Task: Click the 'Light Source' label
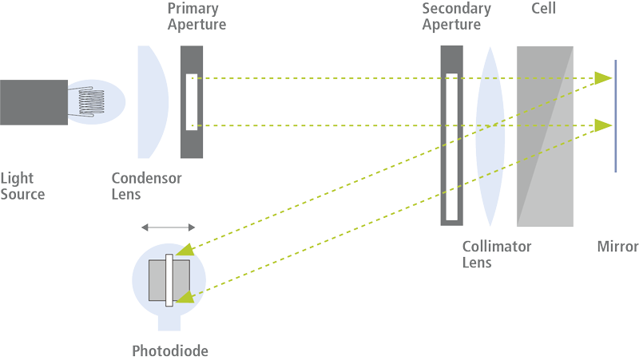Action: (x=22, y=186)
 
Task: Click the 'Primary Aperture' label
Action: (x=196, y=17)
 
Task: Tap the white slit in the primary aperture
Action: (x=190, y=101)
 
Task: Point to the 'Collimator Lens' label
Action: (x=496, y=255)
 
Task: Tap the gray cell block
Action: (x=545, y=136)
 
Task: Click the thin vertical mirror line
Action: (x=615, y=116)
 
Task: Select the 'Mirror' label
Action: (x=617, y=247)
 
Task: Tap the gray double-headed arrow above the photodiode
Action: (x=167, y=227)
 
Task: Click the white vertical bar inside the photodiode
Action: (x=169, y=281)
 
